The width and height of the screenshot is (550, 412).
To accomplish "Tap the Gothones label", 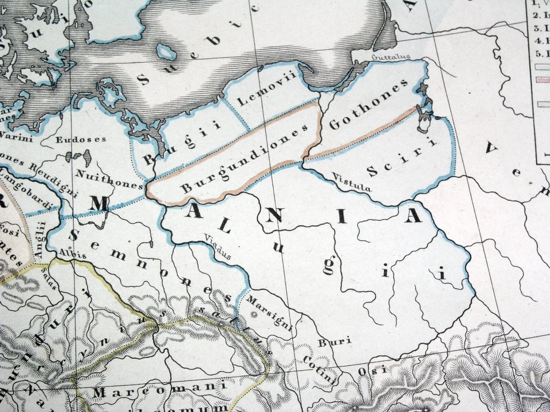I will [368, 104].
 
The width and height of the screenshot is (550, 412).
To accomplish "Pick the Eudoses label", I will [81, 138].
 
